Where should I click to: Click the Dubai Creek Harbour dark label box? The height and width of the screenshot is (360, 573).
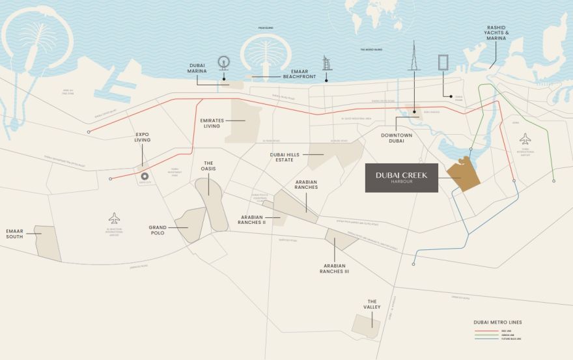click(x=400, y=177)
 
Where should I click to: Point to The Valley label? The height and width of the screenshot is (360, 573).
click(x=372, y=304)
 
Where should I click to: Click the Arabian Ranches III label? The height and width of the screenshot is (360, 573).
click(x=334, y=268)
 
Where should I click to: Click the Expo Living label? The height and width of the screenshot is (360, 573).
click(x=142, y=137)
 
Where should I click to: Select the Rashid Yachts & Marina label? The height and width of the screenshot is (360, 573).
click(x=496, y=33)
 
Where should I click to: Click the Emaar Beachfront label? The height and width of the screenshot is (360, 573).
click(x=300, y=73)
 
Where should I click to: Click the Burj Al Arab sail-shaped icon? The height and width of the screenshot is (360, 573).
click(x=327, y=64)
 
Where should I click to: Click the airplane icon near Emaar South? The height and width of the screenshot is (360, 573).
click(x=115, y=217)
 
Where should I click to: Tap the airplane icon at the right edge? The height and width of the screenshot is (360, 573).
click(x=525, y=139)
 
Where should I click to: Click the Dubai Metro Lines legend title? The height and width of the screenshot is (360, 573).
click(x=497, y=322)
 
